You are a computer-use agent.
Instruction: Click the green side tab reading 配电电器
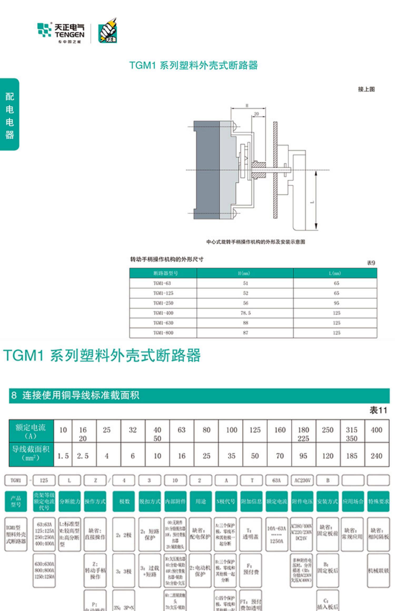[9, 115]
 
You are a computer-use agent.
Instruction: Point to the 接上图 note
[366, 89]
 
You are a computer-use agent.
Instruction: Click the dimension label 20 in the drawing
[256, 114]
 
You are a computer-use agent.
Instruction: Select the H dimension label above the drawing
[247, 106]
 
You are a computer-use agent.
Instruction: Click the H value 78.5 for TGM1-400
[245, 313]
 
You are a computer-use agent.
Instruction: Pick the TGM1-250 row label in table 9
[163, 303]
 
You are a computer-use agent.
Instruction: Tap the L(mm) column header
[335, 273]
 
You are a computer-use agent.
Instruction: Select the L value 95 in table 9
[337, 303]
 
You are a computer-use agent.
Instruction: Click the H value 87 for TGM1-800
[245, 333]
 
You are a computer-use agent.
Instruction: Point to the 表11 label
[378, 410]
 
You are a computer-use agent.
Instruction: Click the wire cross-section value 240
[377, 456]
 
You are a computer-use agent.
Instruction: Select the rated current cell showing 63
[182, 430]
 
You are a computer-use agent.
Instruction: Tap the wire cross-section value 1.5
[63, 456]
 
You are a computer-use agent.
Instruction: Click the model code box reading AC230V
[302, 480]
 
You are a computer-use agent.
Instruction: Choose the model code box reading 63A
[277, 480]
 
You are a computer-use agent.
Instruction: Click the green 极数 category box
[124, 501]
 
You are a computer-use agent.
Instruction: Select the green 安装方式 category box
[327, 501]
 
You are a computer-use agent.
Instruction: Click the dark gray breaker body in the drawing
[207, 170]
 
